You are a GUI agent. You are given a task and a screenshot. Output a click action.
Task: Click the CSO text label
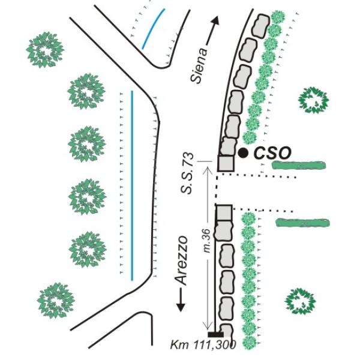tap(272, 153)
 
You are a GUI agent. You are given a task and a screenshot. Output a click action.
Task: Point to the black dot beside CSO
tap(242, 153)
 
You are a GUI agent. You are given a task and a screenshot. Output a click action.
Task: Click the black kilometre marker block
tap(215, 334)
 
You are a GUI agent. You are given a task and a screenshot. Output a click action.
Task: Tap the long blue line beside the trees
tap(131, 185)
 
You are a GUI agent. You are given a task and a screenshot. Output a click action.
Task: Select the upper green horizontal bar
tap(298, 164)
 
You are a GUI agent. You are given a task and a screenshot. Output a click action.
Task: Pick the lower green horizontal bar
tap(303, 223)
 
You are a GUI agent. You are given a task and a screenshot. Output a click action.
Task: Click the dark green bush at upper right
tap(314, 100)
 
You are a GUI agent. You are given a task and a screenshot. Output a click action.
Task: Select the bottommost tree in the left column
tap(56, 299)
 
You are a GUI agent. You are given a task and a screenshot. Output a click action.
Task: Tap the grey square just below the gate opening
tap(224, 212)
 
